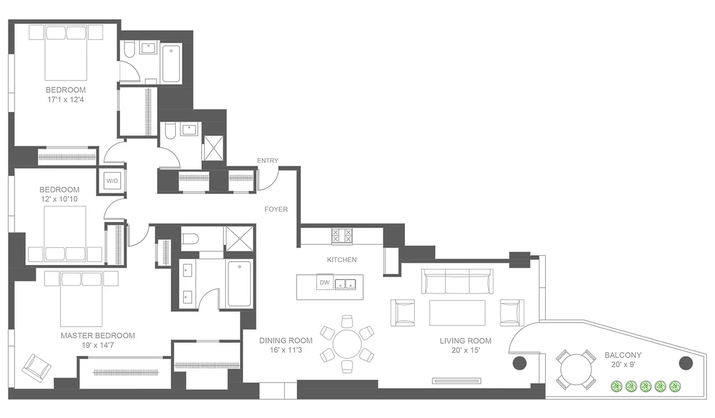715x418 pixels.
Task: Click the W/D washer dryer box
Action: tap(112, 181)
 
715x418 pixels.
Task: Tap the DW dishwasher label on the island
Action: tap(324, 282)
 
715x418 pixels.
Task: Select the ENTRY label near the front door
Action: tap(268, 160)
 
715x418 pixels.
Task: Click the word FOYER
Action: tap(276, 209)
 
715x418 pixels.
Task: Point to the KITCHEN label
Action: tap(342, 259)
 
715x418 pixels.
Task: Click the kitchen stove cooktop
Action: tap(342, 236)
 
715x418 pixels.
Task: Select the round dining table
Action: tap(348, 344)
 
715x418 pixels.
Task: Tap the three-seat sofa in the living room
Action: tap(457, 282)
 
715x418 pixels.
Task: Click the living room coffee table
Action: tap(457, 312)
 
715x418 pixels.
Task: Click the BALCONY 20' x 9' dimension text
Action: tap(623, 365)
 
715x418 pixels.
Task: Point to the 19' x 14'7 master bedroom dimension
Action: tap(98, 345)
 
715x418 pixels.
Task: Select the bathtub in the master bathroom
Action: tap(239, 284)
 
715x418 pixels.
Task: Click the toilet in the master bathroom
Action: tap(190, 239)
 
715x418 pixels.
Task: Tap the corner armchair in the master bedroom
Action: tap(36, 367)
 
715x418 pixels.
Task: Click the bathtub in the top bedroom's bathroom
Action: tap(171, 63)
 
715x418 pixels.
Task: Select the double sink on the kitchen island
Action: tap(345, 284)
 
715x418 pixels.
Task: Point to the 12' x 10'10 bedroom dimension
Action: tap(60, 199)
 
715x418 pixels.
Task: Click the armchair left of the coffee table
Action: tap(402, 312)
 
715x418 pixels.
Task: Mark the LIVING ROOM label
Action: tap(465, 341)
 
